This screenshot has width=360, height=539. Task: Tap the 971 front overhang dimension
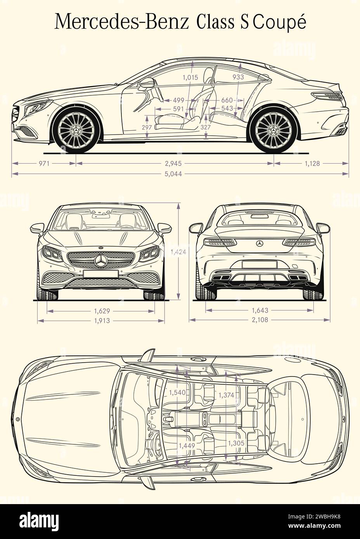[44, 164]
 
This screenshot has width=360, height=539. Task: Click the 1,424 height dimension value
[178, 252]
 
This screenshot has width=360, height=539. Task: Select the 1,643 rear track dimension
[260, 311]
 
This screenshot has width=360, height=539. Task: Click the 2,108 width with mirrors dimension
[260, 320]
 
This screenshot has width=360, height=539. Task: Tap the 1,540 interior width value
[177, 393]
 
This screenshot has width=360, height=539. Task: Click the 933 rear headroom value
[238, 77]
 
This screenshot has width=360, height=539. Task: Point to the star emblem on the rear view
[260, 244]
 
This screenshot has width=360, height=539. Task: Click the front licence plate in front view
[100, 274]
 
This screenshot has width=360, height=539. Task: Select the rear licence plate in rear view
[259, 264]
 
